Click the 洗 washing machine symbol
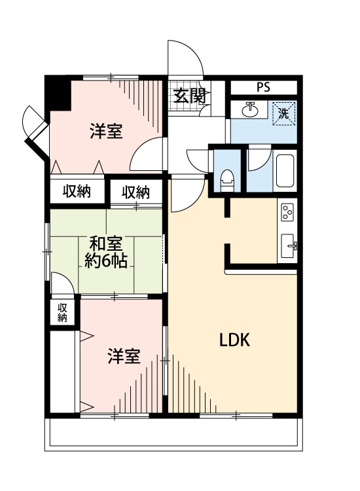tap(284, 111)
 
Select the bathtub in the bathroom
tap(287, 170)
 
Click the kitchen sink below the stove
tap(289, 247)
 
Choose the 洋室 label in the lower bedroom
tap(124, 357)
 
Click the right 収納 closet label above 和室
tap(135, 192)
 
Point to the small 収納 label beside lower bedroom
tap(62, 313)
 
